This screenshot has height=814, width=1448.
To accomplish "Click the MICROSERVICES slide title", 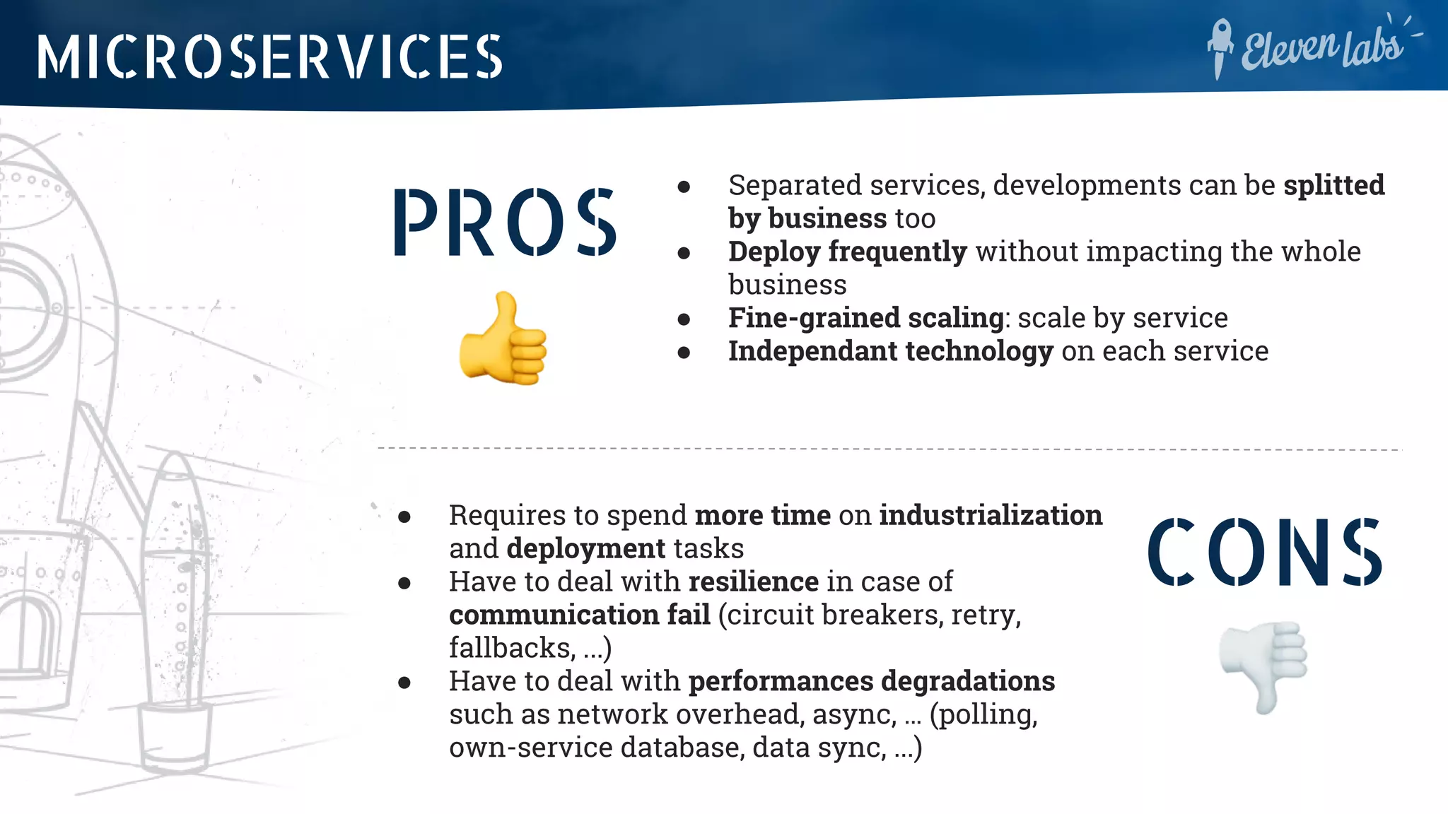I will [269, 57].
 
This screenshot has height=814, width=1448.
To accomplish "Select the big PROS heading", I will [505, 223].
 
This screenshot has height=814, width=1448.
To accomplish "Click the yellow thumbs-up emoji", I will [503, 339].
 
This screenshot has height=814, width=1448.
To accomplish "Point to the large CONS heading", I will [1264, 553].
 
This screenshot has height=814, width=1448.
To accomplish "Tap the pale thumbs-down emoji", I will [1264, 666].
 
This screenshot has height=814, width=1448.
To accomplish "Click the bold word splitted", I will [1333, 185].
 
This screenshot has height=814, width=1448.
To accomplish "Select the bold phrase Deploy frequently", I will [847, 252].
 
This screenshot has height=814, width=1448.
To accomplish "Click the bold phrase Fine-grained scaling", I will [865, 318].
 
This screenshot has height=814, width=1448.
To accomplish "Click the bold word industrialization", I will [990, 515].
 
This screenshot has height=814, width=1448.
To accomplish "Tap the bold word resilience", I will [753, 582].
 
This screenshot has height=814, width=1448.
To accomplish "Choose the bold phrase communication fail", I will [579, 615].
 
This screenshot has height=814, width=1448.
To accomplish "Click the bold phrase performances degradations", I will [871, 681].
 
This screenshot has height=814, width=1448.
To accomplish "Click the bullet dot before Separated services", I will [684, 187].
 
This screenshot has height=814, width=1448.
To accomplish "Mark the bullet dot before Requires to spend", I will [404, 517].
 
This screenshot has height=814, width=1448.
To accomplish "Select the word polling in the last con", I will [986, 714].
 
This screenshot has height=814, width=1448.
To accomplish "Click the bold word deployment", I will [585, 548].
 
